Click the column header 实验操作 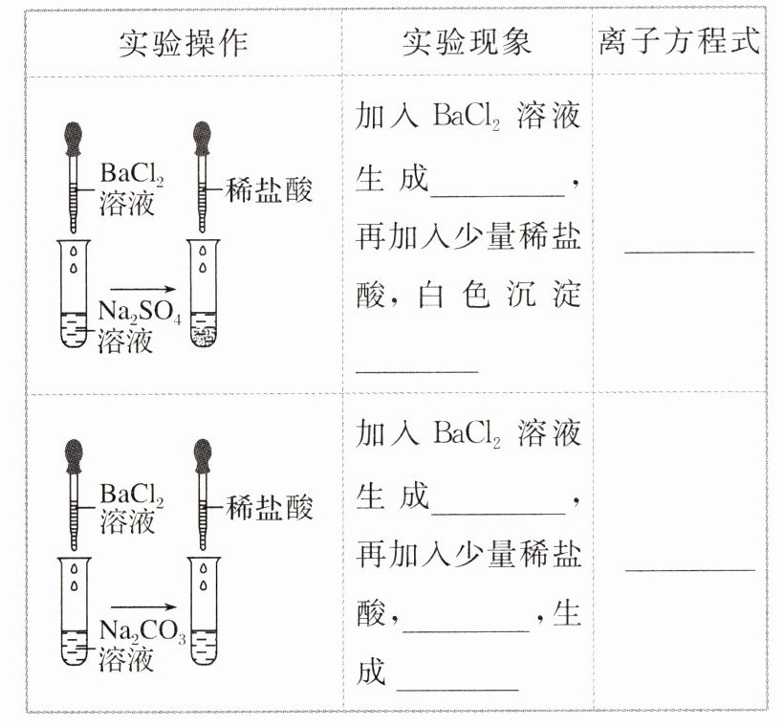tap(183, 41)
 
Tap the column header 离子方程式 tap(680, 41)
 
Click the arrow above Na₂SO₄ tap(143, 288)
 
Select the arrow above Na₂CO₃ tap(143, 606)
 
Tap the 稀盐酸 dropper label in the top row tap(270, 190)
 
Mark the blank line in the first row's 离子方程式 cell tap(688, 251)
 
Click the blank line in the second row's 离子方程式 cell tap(688, 568)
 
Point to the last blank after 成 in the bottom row tap(456, 687)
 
